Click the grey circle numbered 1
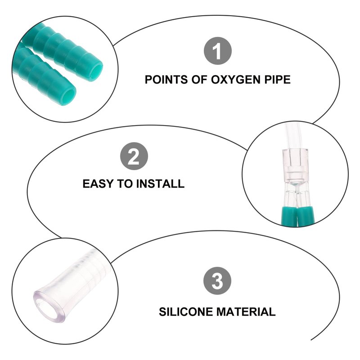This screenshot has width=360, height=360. tap(218, 51)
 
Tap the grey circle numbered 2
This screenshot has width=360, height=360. tap(134, 156)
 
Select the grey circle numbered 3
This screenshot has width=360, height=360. tap(217, 280)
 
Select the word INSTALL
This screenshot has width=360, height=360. tap(160, 184)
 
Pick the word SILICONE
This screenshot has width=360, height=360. tap(185, 312)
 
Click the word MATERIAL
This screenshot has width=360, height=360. tap(246, 312)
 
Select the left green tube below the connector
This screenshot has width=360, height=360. tap(289, 216)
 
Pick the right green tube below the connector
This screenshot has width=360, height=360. tap(305, 216)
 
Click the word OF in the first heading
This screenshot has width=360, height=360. tap(199, 80)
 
